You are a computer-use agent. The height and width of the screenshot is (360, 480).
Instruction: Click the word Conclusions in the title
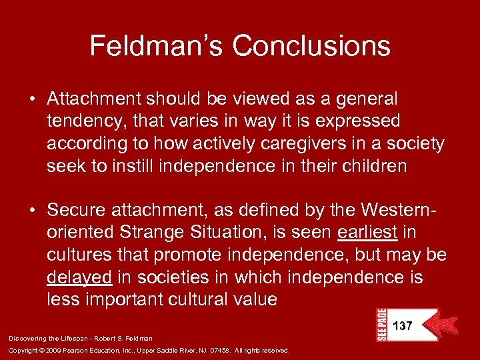(311, 46)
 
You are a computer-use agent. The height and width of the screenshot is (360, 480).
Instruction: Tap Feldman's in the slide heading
(157, 46)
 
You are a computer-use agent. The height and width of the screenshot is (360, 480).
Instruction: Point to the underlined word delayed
(79, 277)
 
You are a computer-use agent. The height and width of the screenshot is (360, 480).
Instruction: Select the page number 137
(403, 326)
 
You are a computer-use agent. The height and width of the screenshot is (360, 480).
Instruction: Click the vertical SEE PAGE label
(381, 325)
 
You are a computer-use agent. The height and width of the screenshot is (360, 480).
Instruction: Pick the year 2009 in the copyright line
(44, 349)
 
